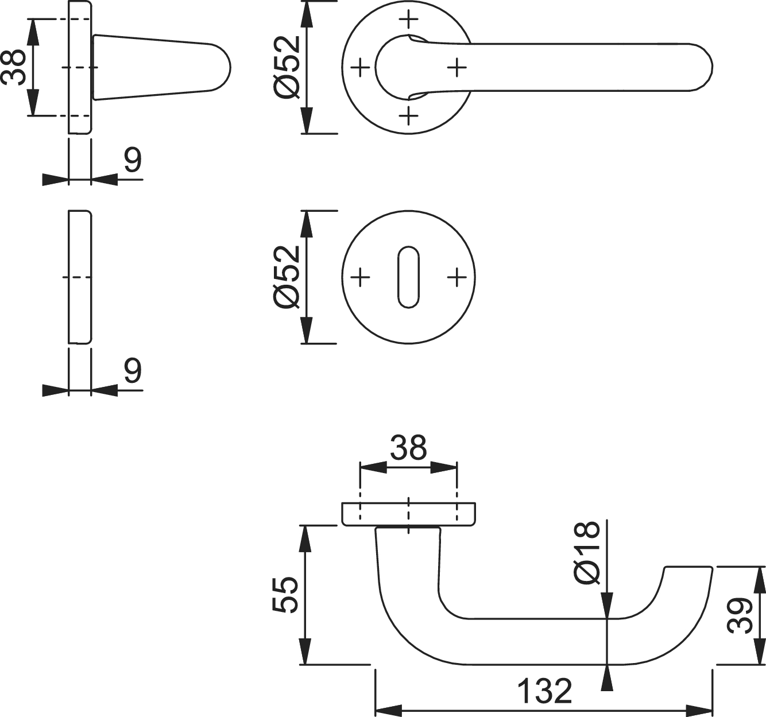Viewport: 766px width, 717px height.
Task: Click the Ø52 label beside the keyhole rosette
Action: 287,277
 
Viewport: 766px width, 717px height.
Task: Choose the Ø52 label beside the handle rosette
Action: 287,67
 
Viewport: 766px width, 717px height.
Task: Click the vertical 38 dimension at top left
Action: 14,68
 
